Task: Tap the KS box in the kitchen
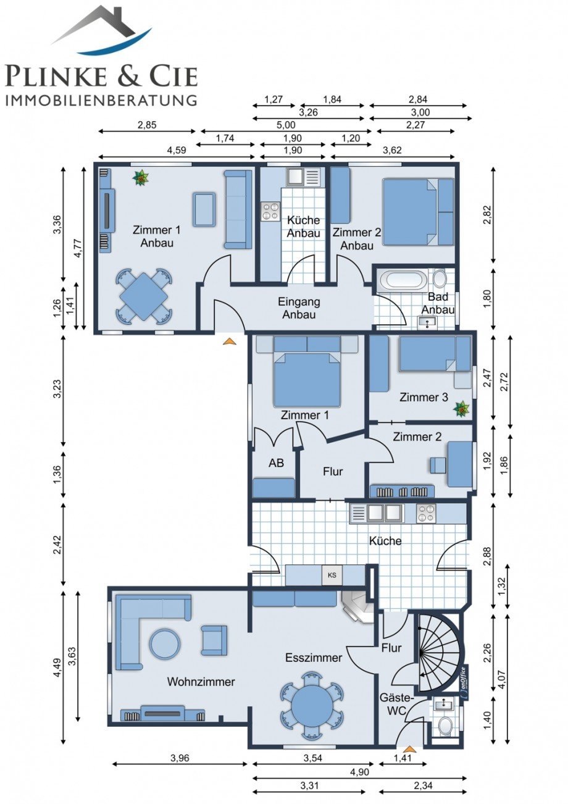[332, 575]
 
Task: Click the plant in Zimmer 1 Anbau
[141, 178]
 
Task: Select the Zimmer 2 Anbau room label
[357, 239]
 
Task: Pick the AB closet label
[276, 463]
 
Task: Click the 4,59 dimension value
[177, 150]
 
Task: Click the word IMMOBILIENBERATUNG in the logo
[101, 100]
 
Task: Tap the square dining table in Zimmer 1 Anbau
[143, 297]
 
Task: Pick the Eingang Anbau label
[299, 308]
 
